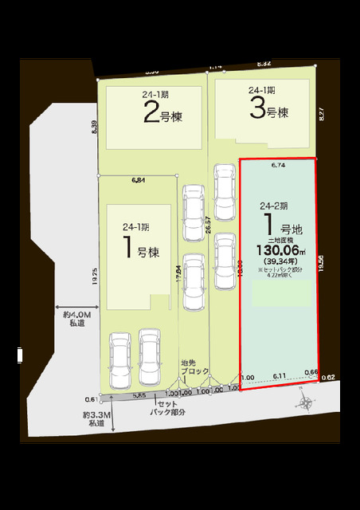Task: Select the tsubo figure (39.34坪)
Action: pyautogui.click(x=279, y=260)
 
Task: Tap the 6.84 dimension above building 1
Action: pyautogui.click(x=138, y=181)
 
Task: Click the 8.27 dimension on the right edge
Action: pyautogui.click(x=322, y=114)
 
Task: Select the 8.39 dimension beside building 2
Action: pyautogui.click(x=94, y=127)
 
